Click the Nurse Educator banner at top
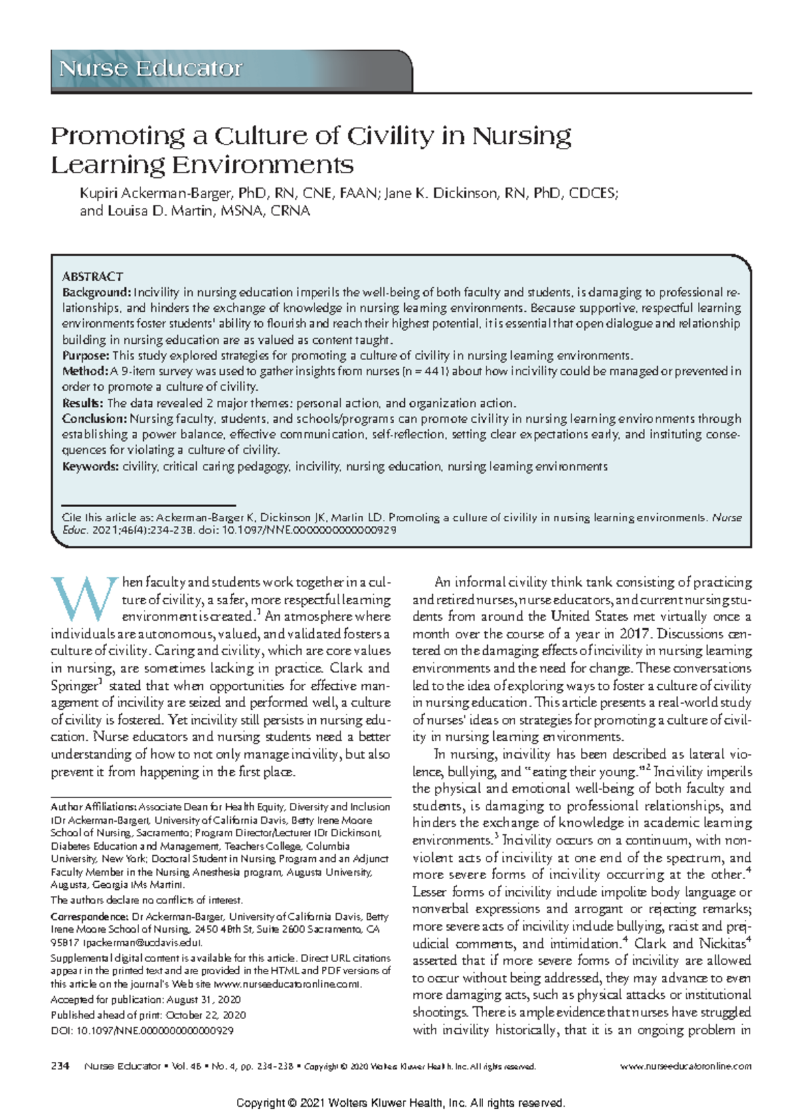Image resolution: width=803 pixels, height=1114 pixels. pos(151,69)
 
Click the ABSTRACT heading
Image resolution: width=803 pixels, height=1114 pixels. pos(92,276)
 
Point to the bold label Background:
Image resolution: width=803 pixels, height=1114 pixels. pos(96,292)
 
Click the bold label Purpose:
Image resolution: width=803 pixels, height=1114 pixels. pos(86,355)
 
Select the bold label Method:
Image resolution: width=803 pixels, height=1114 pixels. pos(85,371)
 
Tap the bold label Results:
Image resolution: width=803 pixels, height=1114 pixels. pos(83,403)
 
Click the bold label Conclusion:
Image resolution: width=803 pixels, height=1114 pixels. pos(94,419)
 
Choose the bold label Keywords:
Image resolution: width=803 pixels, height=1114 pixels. pos(90,466)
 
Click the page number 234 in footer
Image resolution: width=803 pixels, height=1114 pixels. pos(60,1066)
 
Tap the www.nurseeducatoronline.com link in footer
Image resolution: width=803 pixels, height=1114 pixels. pos(686,1066)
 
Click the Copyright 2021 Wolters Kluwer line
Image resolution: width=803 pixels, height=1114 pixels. pos(401,1103)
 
